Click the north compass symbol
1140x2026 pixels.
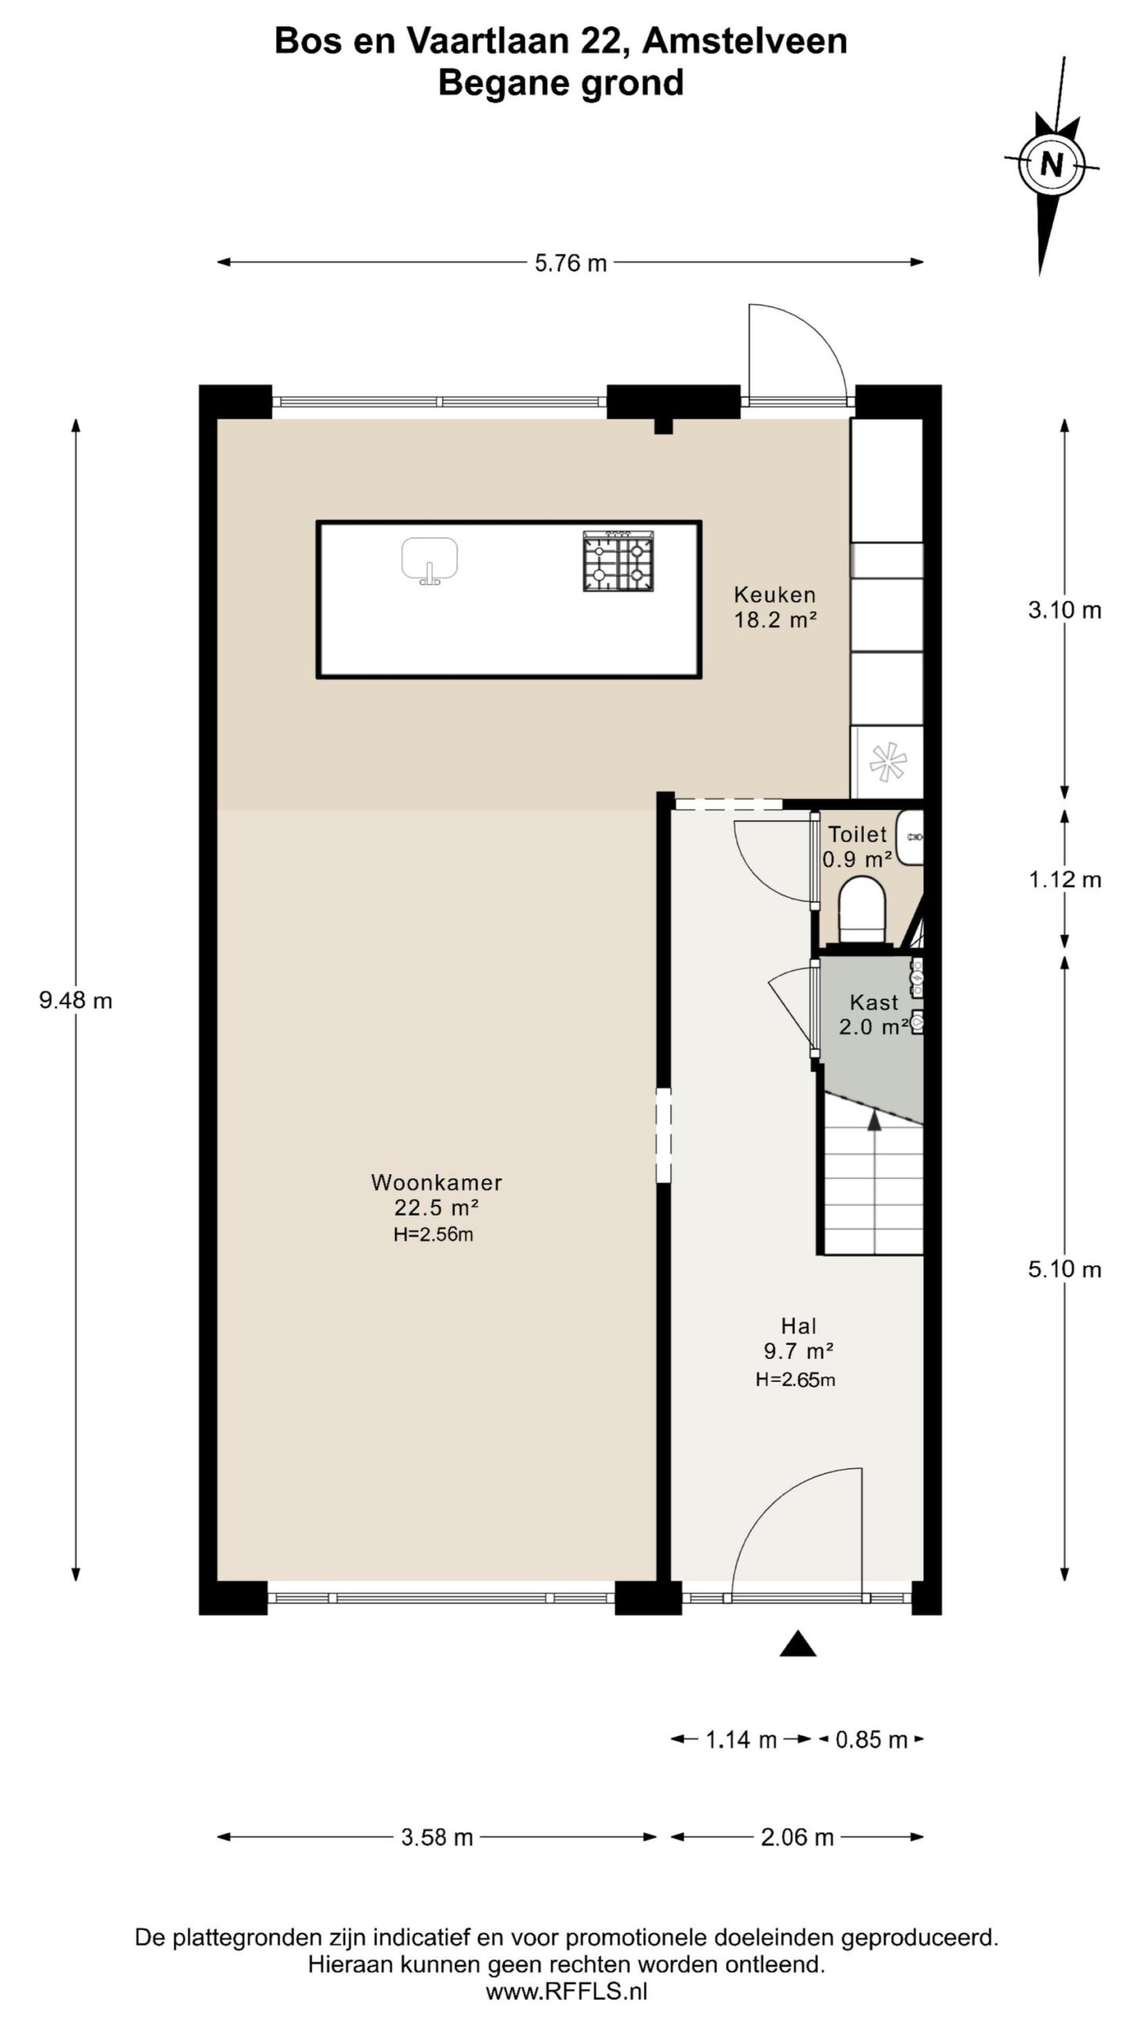[1051, 166]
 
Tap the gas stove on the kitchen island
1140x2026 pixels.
[619, 561]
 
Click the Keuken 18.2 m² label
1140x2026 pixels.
[774, 607]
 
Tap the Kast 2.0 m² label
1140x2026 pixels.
[873, 1015]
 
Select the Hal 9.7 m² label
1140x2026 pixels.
[798, 1338]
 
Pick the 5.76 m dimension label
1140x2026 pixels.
[570, 263]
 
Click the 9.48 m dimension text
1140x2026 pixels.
[76, 1001]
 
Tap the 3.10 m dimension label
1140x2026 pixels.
[1065, 610]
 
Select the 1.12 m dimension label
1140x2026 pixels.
[1065, 879]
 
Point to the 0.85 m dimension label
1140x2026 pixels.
[871, 1740]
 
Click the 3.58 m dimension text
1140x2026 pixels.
[436, 1838]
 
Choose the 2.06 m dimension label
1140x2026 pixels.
[797, 1838]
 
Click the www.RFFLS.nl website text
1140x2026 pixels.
[566, 1986]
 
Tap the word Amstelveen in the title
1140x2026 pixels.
[744, 41]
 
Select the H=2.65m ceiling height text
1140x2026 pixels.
[796, 1380]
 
